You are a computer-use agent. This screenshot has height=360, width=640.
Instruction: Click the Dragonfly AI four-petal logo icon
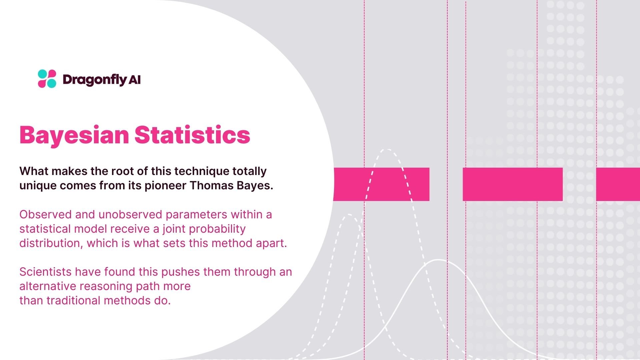point(47,79)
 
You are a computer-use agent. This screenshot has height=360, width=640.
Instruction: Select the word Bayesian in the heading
point(74,135)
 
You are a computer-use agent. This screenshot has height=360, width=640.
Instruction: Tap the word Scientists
point(46,272)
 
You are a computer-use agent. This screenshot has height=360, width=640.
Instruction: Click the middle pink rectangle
point(512,184)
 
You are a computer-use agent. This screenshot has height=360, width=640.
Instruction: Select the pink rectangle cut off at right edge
point(618,184)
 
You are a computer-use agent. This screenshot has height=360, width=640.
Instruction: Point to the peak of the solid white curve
point(439,260)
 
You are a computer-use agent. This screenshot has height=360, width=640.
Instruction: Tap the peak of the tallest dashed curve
point(387,150)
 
